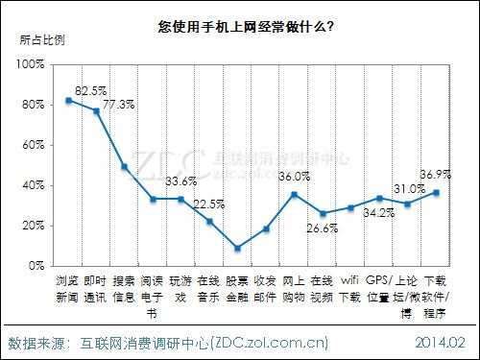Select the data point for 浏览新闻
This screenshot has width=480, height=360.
click(68, 100)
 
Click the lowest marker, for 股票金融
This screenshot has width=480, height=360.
click(237, 248)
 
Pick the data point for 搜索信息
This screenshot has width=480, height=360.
click(125, 166)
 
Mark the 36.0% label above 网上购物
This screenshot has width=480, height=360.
click(295, 177)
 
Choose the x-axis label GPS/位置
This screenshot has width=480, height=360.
click(378, 290)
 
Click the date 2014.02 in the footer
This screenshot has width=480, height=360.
click(441, 341)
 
